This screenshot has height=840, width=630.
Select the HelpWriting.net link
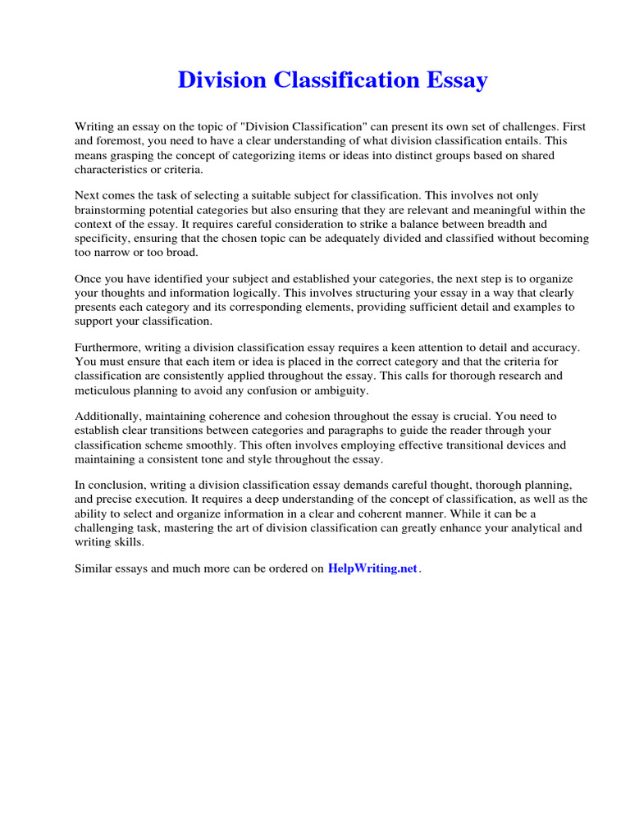[373, 568]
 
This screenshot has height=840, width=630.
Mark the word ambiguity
[340, 390]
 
